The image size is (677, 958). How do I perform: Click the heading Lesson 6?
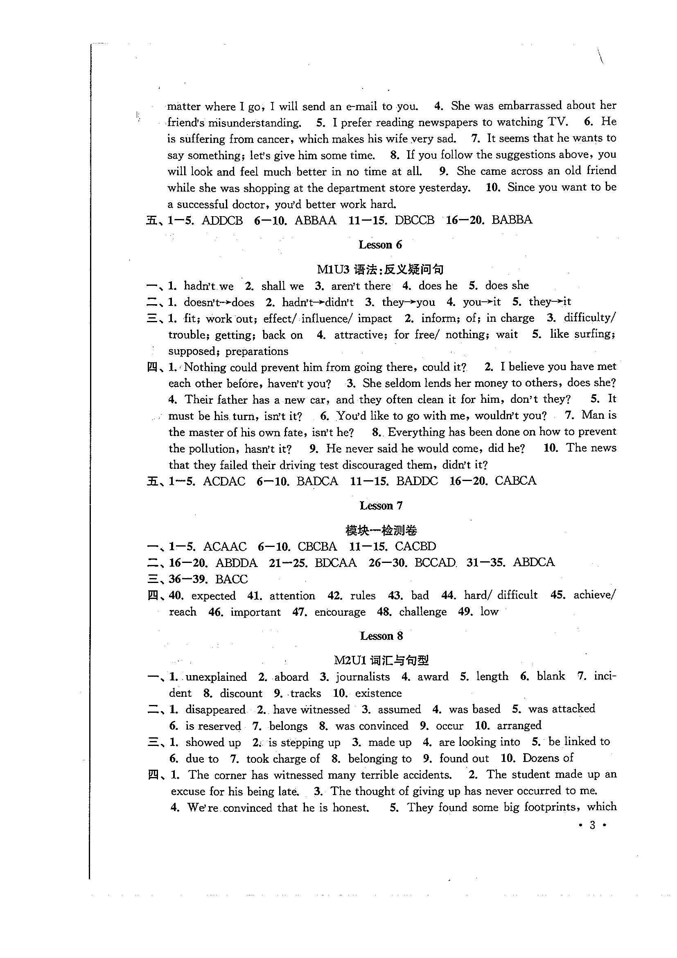[x=380, y=244]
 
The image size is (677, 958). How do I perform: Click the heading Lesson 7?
[x=381, y=506]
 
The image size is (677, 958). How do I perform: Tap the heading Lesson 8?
[x=381, y=636]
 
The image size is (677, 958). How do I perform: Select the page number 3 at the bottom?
[x=592, y=825]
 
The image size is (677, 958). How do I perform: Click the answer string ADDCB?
[x=222, y=220]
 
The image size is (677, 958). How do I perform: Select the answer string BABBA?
[x=512, y=220]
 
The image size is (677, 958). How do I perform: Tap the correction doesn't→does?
[x=219, y=302]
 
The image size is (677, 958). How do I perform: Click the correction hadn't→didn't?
[x=318, y=302]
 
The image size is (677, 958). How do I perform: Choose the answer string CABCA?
[x=515, y=481]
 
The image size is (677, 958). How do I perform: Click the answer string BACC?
[x=231, y=579]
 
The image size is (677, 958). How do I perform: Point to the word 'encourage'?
[x=340, y=612]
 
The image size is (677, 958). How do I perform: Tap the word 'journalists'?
[x=363, y=677]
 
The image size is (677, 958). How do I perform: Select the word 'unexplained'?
[x=216, y=677]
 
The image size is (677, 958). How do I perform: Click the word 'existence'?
[x=378, y=693]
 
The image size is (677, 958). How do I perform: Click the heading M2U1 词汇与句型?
[x=381, y=660]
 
